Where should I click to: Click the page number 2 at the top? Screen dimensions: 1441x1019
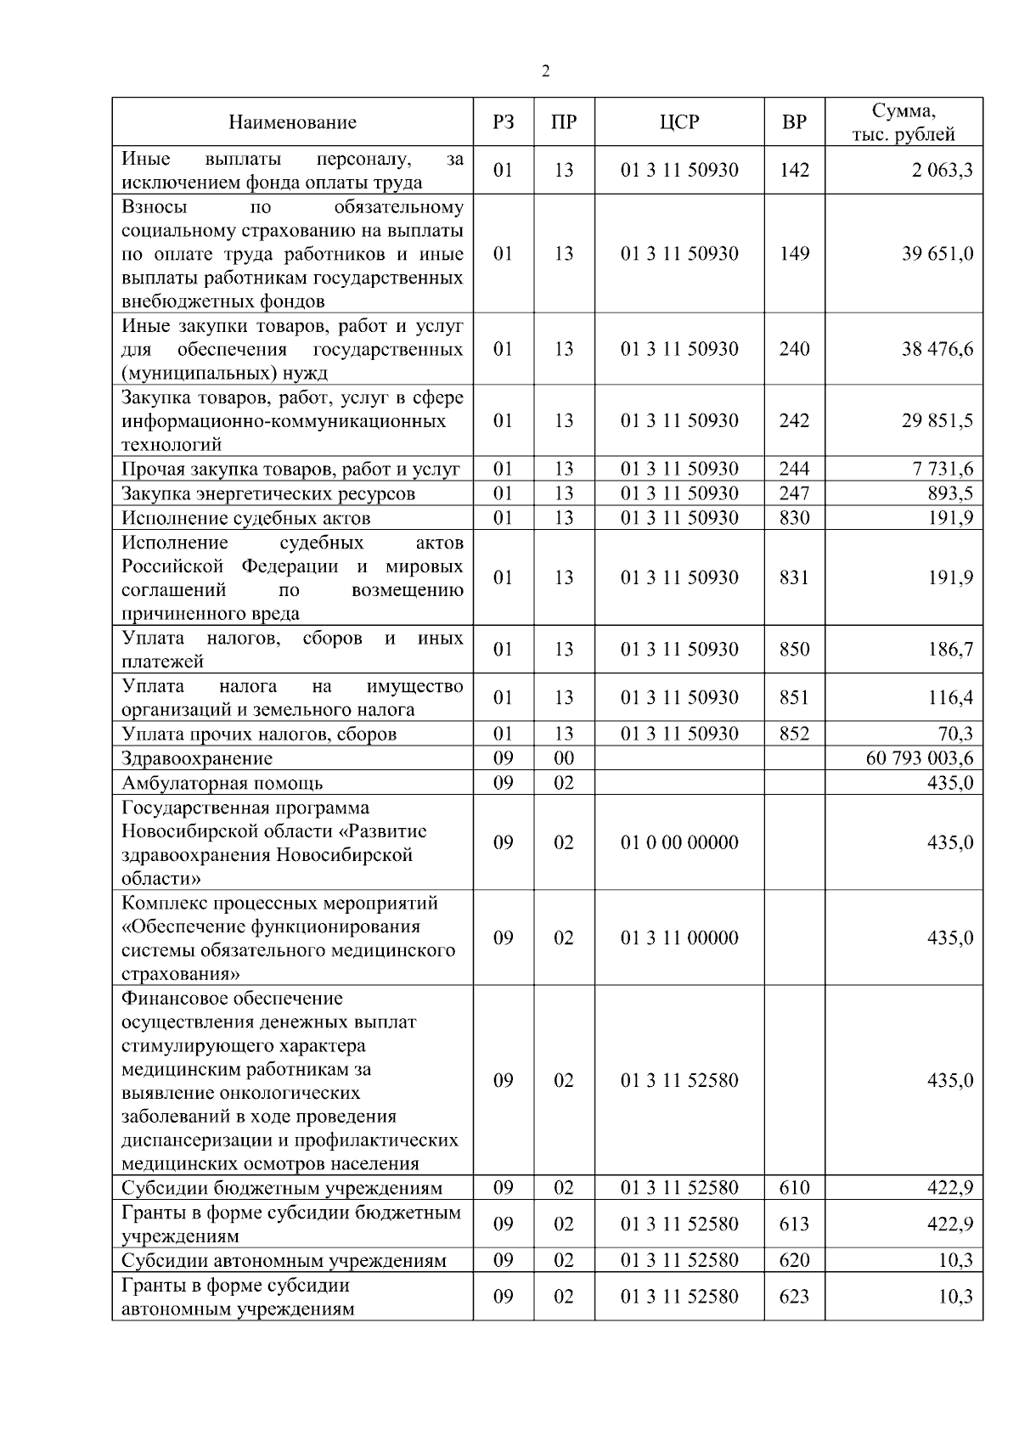tap(545, 71)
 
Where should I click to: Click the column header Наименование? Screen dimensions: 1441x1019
tap(292, 122)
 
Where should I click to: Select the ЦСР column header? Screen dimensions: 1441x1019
tap(679, 122)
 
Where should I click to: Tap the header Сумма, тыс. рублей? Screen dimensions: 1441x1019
tap(904, 122)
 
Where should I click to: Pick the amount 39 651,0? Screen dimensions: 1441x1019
tap(937, 254)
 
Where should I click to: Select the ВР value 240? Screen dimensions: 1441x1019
tap(794, 349)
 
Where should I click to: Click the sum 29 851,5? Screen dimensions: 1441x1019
tap(937, 420)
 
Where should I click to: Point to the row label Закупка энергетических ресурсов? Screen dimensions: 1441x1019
tap(268, 493)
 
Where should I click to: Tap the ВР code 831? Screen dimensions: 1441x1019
tap(794, 577)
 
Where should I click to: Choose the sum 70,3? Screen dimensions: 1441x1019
tap(955, 734)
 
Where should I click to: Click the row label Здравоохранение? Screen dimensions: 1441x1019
tap(197, 758)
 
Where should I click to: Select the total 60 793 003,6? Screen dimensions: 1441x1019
tap(920, 758)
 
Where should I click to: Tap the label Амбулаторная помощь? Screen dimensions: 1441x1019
tap(222, 783)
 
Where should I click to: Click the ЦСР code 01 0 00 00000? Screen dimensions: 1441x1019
tap(679, 842)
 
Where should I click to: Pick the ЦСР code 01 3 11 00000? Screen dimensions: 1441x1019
tap(679, 937)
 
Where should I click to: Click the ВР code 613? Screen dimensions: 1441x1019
tap(794, 1224)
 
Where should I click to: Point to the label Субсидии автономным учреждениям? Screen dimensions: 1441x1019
tap(284, 1260)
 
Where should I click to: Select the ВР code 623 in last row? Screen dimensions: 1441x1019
tap(794, 1297)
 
